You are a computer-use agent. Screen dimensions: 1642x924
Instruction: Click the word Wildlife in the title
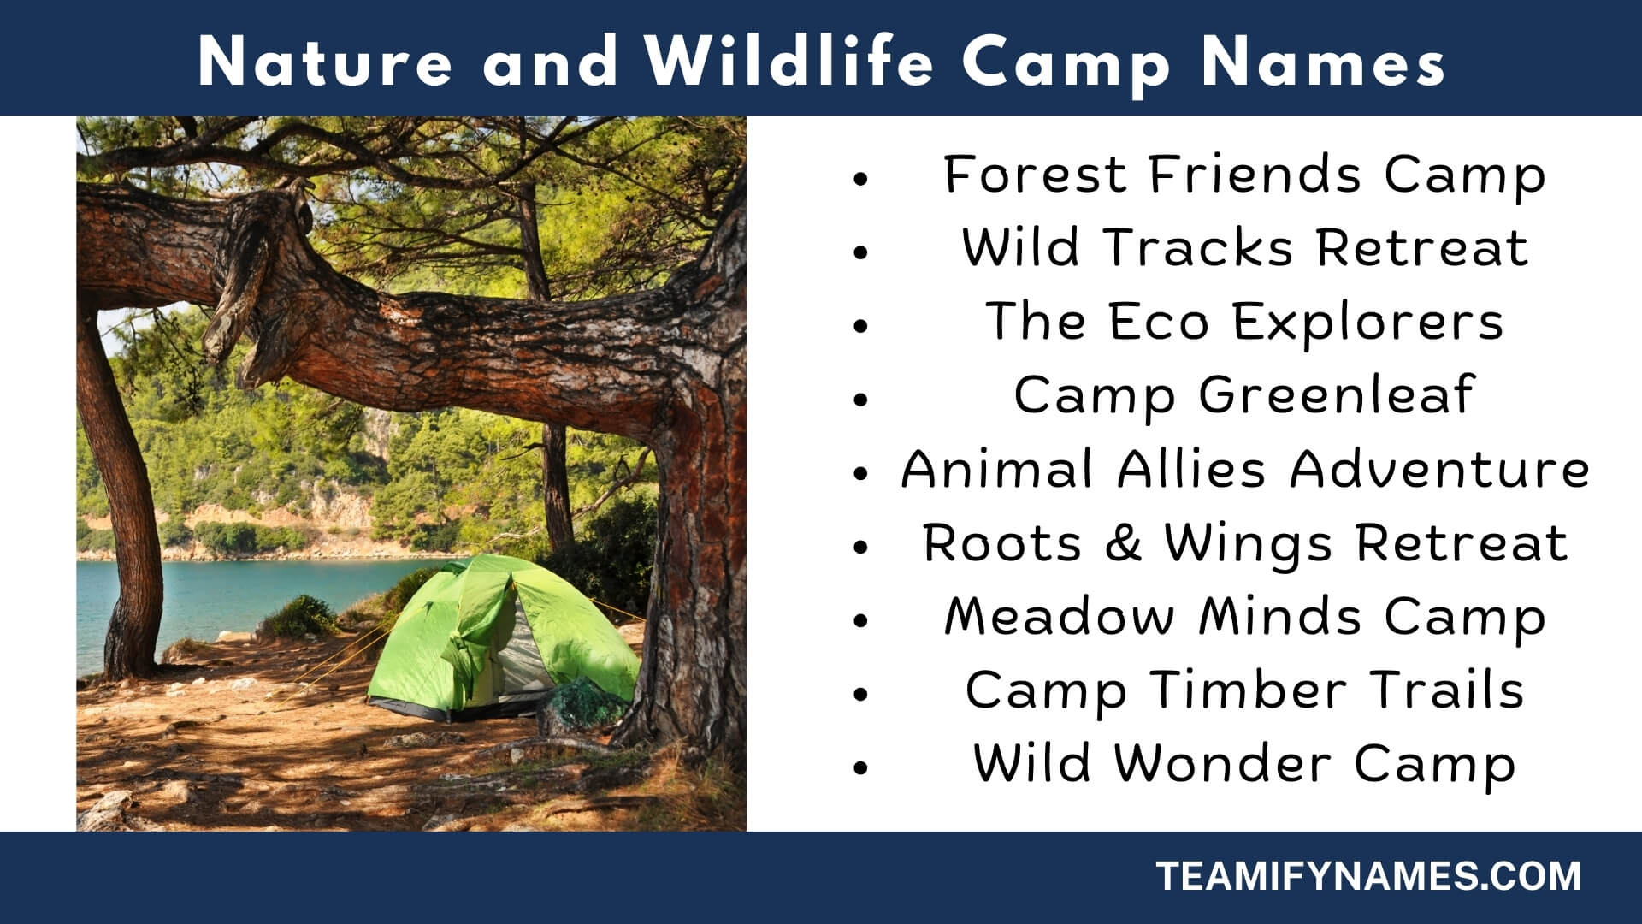point(789,62)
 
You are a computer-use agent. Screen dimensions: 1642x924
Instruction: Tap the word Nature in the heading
point(325,62)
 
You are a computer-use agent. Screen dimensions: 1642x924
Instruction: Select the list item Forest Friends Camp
point(1244,175)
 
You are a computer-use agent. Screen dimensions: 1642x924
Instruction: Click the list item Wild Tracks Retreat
point(1244,247)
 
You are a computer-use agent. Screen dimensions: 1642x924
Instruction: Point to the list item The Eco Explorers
point(1244,323)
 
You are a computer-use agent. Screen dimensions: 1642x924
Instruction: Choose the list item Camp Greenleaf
point(1244,396)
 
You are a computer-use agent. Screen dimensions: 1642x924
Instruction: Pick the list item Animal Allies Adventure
point(1244,469)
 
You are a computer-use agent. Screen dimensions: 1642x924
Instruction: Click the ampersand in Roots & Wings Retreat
point(1124,543)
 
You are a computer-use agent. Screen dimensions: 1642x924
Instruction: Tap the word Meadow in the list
point(1059,616)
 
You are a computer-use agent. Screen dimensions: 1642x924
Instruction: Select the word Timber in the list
point(1248,690)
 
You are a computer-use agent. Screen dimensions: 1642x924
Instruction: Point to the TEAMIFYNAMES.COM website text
point(1368,877)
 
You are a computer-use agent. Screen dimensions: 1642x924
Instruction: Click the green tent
point(505,637)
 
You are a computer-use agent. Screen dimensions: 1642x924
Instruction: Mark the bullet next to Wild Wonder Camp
point(860,767)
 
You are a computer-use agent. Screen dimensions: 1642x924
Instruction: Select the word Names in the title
point(1323,62)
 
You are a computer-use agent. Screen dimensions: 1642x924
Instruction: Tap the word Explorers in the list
point(1367,323)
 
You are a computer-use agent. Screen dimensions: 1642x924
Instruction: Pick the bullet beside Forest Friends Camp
point(860,179)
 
